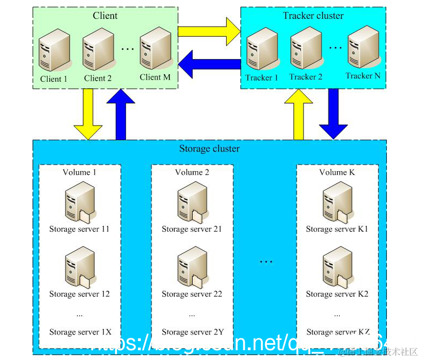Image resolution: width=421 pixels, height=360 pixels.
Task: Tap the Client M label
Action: [155, 77]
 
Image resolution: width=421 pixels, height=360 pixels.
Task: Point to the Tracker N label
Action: [363, 76]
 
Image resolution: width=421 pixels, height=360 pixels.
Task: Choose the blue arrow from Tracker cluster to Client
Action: [209, 64]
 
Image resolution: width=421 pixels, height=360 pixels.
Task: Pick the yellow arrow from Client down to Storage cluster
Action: [88, 114]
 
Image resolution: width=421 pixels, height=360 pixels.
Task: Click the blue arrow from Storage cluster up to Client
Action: [121, 114]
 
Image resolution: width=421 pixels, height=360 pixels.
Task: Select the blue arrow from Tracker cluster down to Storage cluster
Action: [333, 114]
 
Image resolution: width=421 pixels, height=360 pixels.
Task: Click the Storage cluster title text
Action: [209, 148]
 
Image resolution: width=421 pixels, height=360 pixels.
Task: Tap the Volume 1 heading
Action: [80, 172]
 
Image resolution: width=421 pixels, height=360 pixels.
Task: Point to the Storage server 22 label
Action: [192, 294]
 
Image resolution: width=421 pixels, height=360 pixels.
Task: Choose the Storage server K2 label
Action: [337, 294]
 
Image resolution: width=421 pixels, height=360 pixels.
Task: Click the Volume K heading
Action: [337, 172]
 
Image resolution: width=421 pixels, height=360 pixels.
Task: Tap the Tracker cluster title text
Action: [313, 15]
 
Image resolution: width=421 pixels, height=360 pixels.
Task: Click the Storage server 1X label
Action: [80, 332]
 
